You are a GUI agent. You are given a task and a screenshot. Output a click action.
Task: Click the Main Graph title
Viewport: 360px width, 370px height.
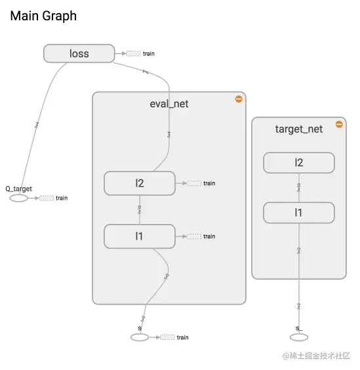click(43, 16)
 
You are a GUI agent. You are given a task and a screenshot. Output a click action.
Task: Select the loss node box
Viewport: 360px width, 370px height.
click(79, 54)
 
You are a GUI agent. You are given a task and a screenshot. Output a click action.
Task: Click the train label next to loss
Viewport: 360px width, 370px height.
click(149, 53)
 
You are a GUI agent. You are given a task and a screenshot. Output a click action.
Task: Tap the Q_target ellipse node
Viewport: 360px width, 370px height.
click(18, 198)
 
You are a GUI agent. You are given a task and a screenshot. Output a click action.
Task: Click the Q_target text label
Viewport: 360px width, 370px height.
click(18, 188)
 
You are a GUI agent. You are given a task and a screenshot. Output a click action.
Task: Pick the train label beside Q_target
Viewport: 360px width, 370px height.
click(62, 198)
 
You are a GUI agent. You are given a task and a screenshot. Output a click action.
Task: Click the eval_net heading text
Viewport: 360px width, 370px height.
click(169, 103)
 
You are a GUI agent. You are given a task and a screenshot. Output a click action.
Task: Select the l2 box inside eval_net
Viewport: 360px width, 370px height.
click(139, 183)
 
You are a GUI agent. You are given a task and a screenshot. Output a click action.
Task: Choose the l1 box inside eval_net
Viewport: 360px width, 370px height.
click(139, 236)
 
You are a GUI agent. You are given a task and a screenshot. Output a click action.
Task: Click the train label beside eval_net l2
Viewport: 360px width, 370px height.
click(209, 183)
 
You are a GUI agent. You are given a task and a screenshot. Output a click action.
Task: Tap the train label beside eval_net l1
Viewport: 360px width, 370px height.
click(209, 236)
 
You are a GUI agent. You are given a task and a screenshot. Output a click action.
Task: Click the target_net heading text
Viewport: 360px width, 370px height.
click(298, 129)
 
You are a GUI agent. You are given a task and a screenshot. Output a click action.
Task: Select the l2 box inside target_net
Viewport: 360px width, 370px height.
click(299, 162)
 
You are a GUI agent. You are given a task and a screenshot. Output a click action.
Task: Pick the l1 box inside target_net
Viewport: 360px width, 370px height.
click(299, 213)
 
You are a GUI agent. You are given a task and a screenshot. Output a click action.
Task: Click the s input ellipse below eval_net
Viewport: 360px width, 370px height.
click(140, 337)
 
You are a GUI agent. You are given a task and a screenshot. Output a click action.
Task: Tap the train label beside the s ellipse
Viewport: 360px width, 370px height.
click(182, 337)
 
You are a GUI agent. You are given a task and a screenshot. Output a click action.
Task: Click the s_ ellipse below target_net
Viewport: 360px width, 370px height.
click(298, 337)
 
